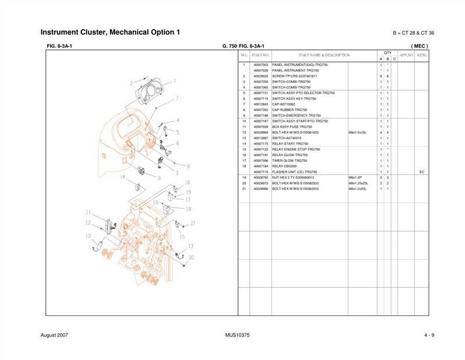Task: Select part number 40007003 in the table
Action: click(261, 64)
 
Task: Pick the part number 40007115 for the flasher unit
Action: click(261, 172)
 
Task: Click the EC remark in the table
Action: click(422, 172)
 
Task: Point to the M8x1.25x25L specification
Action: click(357, 183)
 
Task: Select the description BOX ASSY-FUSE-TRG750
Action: click(292, 127)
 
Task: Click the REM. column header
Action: click(422, 55)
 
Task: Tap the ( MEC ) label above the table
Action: click(419, 45)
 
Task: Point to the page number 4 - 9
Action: click(429, 336)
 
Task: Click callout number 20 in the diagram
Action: click(191, 258)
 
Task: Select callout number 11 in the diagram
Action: click(88, 213)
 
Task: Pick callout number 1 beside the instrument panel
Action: click(174, 81)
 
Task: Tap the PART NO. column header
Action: click(261, 55)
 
